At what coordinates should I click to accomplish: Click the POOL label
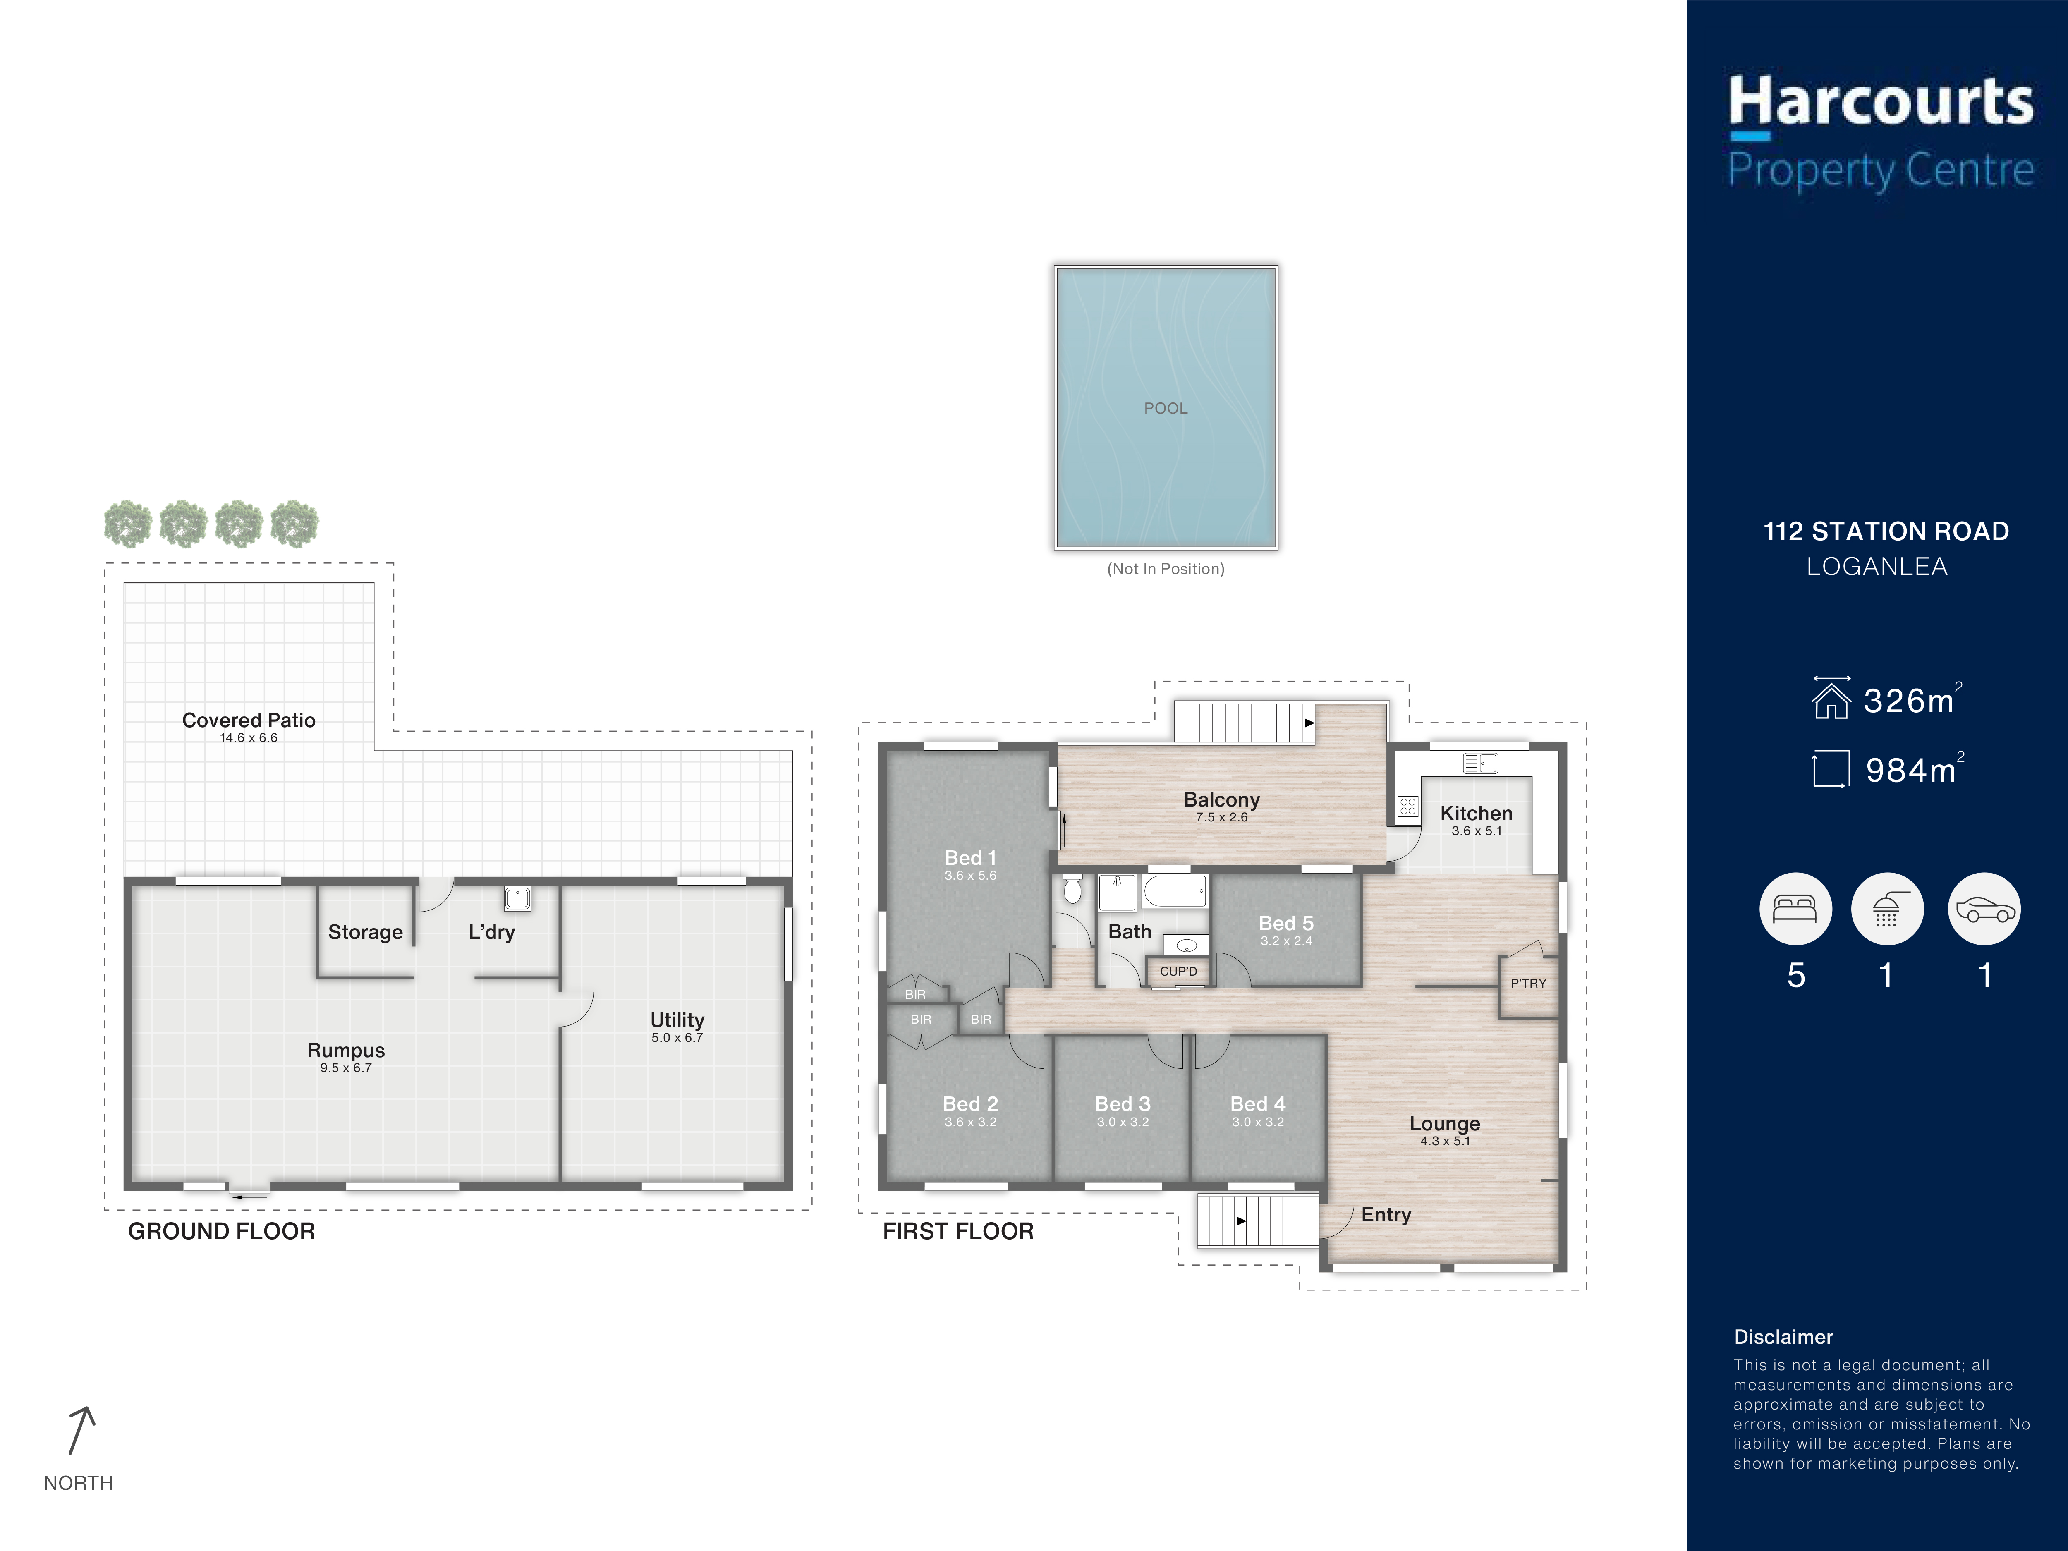click(x=1165, y=409)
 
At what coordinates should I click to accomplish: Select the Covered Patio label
click(x=249, y=720)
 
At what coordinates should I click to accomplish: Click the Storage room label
click(x=366, y=932)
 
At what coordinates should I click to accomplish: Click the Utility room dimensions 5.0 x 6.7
click(x=677, y=1038)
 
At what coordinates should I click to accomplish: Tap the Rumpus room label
click(x=346, y=1050)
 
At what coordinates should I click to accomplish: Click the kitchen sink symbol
click(x=1480, y=764)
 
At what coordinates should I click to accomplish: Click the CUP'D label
click(x=1178, y=972)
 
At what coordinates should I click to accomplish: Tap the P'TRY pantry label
click(x=1529, y=983)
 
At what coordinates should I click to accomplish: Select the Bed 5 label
click(x=1286, y=923)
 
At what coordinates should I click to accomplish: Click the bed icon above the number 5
click(x=1795, y=909)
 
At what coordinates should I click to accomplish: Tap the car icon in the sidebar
click(x=1984, y=909)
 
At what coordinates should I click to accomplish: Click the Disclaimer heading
click(x=1783, y=1337)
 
